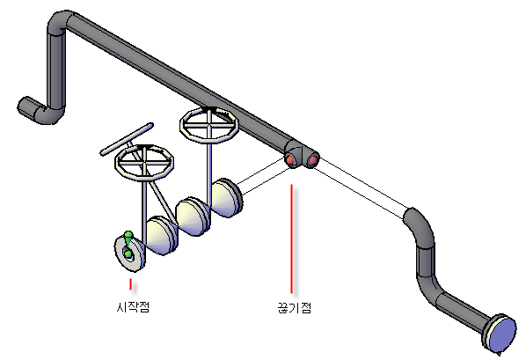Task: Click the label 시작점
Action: (x=133, y=306)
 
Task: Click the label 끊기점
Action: (x=295, y=307)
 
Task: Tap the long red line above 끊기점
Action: (x=291, y=239)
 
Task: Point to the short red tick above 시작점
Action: (x=130, y=284)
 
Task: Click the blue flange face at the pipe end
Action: (x=502, y=334)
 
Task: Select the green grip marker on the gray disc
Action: (x=128, y=245)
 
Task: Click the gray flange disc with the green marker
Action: (x=130, y=253)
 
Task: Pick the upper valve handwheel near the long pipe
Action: (x=209, y=125)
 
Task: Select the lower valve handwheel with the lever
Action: (x=144, y=163)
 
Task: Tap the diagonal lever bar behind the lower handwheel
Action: (x=127, y=139)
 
